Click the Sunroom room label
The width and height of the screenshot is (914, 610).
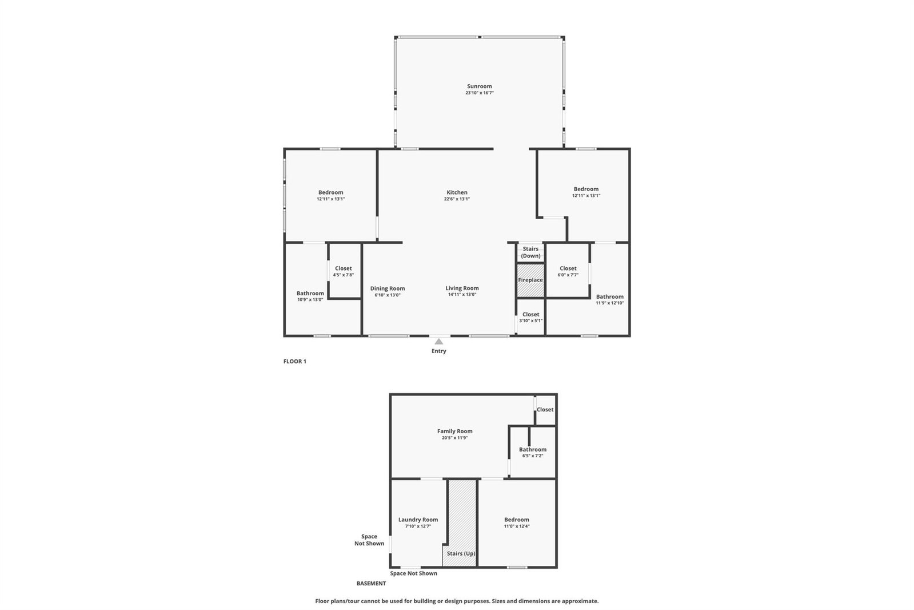480,86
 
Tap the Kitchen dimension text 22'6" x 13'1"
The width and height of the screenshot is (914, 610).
457,199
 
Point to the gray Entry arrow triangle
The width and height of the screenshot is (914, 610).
438,341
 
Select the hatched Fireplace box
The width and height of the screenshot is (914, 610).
530,280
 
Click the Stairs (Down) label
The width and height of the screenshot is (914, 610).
530,252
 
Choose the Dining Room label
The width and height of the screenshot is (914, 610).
388,288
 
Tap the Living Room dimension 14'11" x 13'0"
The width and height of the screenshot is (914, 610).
462,295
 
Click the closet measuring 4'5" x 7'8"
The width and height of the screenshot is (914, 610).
343,271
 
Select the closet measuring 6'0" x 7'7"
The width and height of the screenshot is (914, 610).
568,271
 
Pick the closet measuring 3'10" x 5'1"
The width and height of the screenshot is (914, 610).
531,317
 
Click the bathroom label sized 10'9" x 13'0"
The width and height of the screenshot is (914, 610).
310,296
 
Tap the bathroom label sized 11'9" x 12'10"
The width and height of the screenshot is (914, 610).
610,299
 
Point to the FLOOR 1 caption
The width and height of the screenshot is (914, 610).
294,361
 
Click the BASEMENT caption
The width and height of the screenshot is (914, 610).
371,584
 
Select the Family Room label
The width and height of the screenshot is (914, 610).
455,431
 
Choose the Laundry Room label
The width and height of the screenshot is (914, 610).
418,520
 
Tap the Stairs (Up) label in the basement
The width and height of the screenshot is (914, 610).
461,553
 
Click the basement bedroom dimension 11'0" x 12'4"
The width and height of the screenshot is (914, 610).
517,526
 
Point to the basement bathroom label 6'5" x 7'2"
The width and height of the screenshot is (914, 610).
533,452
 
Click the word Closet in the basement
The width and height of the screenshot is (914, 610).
545,409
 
